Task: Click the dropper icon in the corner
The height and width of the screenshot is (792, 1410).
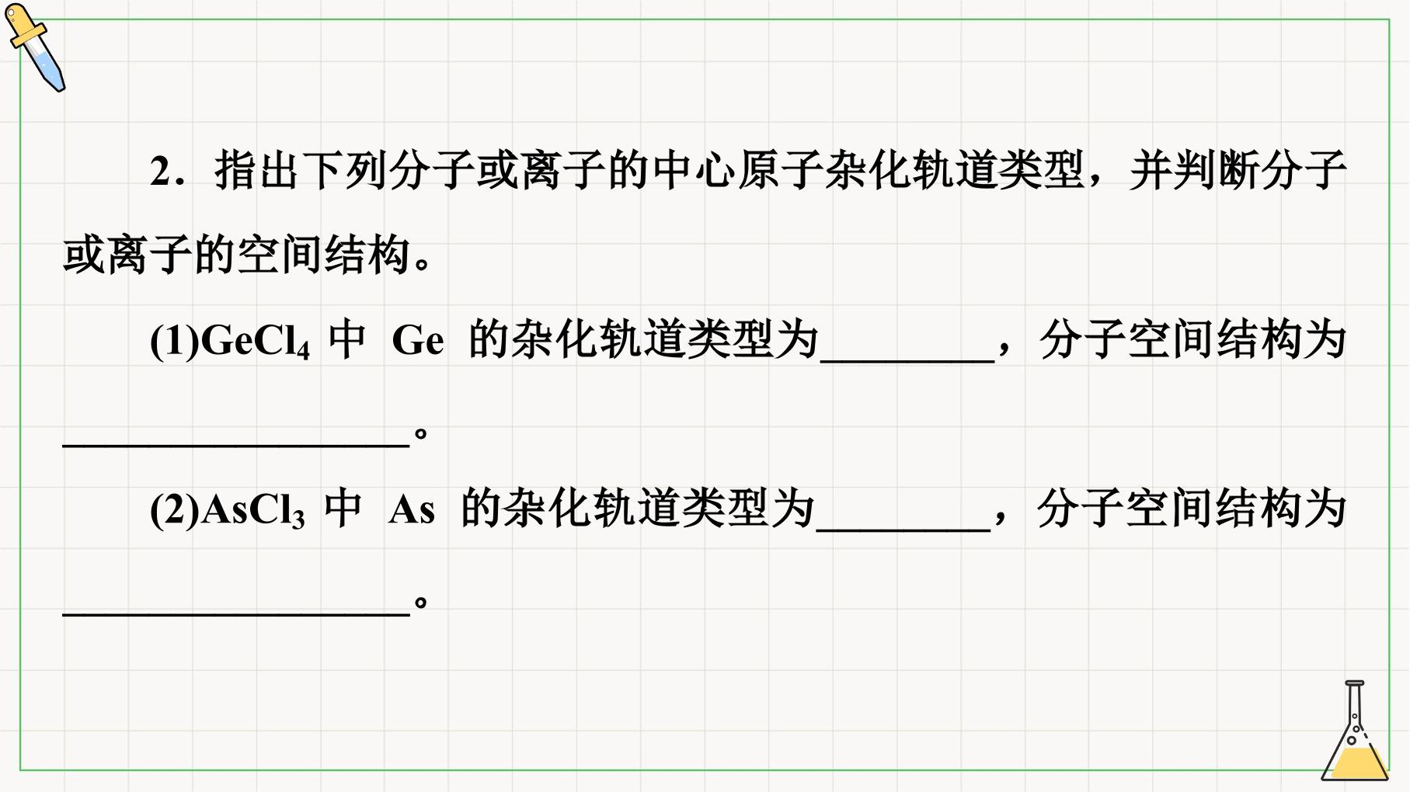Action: tap(35, 47)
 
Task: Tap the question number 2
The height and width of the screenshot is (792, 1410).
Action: tap(161, 172)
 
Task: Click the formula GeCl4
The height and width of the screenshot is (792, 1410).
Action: tap(256, 341)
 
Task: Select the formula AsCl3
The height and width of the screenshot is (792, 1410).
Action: tap(252, 511)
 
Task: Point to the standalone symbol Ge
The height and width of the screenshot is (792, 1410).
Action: tap(418, 341)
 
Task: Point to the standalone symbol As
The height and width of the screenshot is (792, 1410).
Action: tap(412, 511)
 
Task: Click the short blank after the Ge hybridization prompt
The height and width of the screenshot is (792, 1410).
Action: tap(907, 361)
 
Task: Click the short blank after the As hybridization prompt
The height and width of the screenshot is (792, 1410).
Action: tap(903, 530)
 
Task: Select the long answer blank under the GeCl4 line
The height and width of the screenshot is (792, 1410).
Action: tap(236, 446)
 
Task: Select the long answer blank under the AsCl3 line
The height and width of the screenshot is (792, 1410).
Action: tap(236, 615)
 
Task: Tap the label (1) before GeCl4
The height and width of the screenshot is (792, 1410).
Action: tap(175, 342)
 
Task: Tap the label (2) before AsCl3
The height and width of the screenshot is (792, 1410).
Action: tap(175, 511)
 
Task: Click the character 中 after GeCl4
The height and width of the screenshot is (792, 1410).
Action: tap(347, 340)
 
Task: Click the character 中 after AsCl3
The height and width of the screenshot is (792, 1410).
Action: tap(343, 509)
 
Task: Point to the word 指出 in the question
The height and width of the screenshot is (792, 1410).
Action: tap(257, 171)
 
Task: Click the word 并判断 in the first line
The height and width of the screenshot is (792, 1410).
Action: tap(1195, 171)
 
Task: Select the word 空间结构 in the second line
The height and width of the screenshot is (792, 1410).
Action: tap(324, 255)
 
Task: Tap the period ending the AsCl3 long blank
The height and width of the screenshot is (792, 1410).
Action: tap(421, 603)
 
